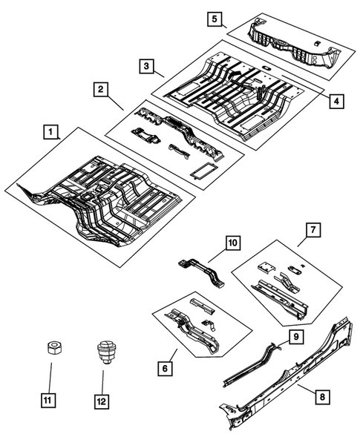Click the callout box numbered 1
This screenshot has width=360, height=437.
50,133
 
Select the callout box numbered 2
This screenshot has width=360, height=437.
99,90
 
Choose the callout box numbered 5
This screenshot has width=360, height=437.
214,17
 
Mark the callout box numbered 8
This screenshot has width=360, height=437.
321,397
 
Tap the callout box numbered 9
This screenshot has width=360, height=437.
295,337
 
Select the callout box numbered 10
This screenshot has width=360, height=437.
232,243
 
